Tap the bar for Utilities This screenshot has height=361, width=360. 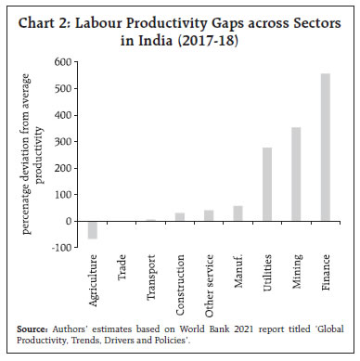click(267, 185)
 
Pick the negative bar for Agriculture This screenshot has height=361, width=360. click(93, 230)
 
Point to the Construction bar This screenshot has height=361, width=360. click(180, 217)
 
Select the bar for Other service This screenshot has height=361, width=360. click(209, 215)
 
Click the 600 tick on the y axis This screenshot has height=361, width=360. click(63, 62)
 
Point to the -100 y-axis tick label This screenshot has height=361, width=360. click(61, 248)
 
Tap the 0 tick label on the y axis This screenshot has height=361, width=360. click(69, 222)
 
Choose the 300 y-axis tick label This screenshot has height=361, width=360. click(63, 142)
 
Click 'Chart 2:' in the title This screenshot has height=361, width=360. click(52, 21)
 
